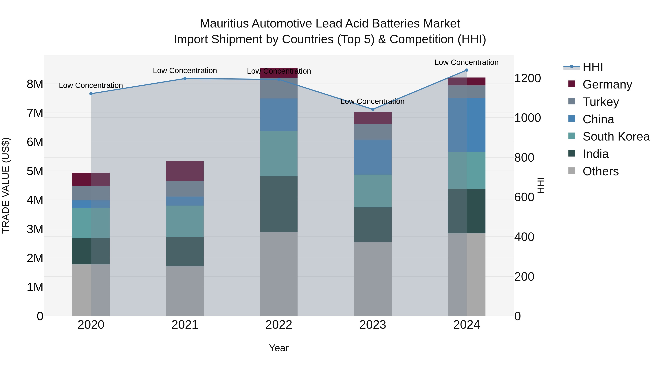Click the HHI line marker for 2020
(91, 94)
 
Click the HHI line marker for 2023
(373, 109)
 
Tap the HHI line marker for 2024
(467, 70)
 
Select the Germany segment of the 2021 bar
(185, 171)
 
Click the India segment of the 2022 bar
(279, 204)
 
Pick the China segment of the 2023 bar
(373, 157)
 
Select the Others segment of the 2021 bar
(185, 291)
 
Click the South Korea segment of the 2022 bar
(279, 153)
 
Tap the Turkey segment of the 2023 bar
(373, 132)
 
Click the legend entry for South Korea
(616, 136)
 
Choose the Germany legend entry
(607, 84)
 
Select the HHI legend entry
(593, 67)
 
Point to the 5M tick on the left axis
(35, 171)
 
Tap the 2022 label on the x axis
(279, 325)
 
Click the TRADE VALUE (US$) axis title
(6, 185)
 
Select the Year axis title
(279, 348)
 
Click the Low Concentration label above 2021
(185, 71)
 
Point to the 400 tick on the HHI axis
(524, 237)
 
